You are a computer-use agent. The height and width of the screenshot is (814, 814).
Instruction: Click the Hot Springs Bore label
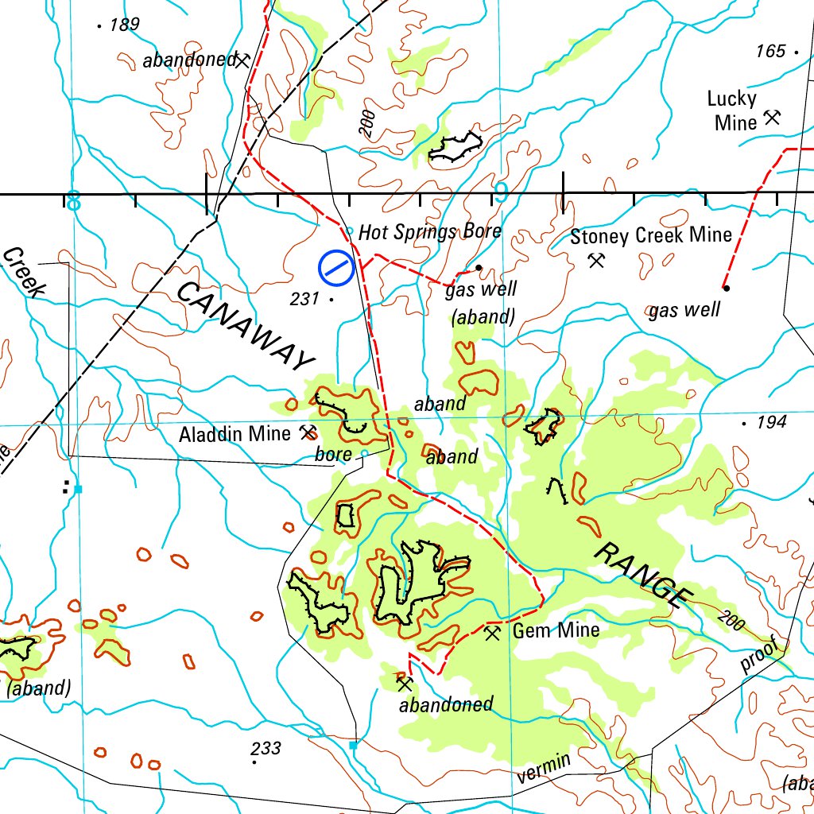point(430,231)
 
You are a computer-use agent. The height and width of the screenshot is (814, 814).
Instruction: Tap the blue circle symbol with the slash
point(336,268)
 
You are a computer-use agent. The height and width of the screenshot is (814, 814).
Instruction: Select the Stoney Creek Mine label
point(651,235)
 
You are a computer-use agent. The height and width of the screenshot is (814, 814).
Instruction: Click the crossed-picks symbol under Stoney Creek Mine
point(596,260)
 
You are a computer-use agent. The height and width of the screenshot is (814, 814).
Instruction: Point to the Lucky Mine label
point(732,110)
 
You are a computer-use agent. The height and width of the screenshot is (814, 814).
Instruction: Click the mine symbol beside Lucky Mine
point(772,118)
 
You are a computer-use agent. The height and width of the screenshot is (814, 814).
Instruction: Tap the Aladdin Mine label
point(235,434)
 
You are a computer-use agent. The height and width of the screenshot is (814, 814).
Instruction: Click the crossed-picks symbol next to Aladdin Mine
point(307,432)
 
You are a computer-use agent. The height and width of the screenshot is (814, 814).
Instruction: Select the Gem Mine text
point(556,631)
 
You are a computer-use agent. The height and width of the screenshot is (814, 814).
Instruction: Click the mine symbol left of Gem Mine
point(493,633)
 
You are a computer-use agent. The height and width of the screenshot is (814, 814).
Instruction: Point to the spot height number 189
point(125,25)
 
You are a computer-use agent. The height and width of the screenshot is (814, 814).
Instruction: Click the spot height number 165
point(770,51)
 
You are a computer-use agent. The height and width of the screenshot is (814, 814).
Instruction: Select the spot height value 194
point(771,422)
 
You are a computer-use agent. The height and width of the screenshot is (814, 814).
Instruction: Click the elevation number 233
point(266,748)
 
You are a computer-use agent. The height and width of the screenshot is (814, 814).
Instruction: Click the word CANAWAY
point(245,325)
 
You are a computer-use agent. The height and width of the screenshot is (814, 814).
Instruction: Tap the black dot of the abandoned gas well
point(479,268)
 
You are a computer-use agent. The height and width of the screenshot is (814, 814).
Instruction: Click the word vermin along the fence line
point(543,769)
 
